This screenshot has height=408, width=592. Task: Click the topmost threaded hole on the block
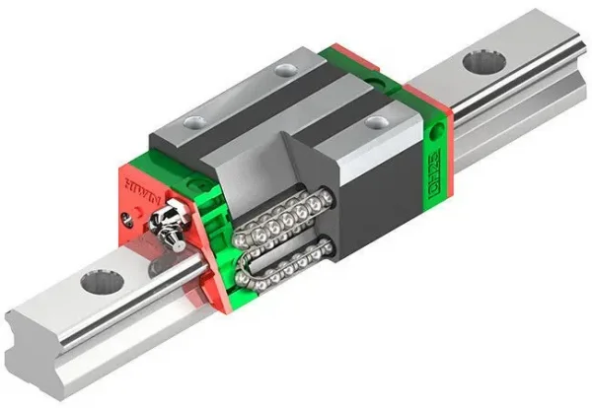point(285,68)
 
